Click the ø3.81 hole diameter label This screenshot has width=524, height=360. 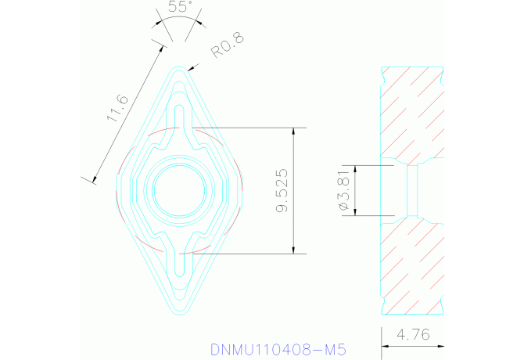click(343, 190)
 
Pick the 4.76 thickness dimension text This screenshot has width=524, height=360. click(413, 335)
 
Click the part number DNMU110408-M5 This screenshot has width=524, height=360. click(278, 348)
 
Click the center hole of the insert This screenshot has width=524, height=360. click(179, 189)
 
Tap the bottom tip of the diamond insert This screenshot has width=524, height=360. click(179, 314)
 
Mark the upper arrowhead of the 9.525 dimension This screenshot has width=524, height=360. click(294, 132)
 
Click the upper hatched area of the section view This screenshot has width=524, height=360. click(412, 113)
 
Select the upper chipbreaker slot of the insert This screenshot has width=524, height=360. click(179, 117)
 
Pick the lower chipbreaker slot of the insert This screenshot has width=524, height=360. click(179, 262)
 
